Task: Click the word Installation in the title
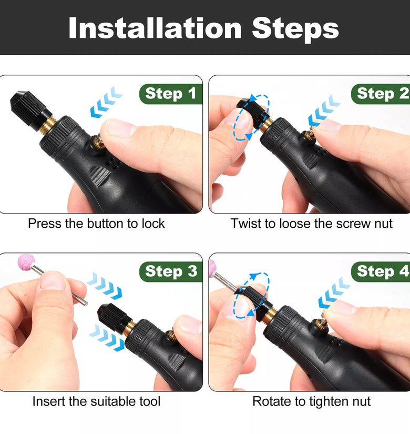pyautogui.click(x=155, y=28)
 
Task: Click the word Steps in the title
pyautogui.click(x=295, y=29)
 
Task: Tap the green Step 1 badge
pyautogui.click(x=171, y=94)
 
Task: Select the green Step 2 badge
pyautogui.click(x=381, y=94)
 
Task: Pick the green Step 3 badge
pyautogui.click(x=171, y=271)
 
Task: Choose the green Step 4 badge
pyautogui.click(x=381, y=271)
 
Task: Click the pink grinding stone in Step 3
pyautogui.click(x=26, y=261)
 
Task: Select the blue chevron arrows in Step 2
pyautogui.click(x=324, y=110)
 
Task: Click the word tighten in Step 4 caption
pyautogui.click(x=327, y=401)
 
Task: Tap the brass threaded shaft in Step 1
pyautogui.click(x=47, y=125)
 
